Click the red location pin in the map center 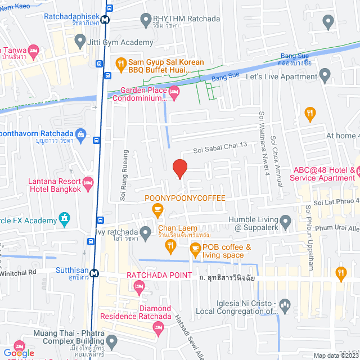click(179, 168)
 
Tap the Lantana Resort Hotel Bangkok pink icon click(88, 183)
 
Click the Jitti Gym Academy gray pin click(80, 42)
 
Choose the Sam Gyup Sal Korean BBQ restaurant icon click(120, 64)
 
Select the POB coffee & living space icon click(195, 248)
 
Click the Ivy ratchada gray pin click(146, 233)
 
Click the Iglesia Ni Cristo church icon click(285, 307)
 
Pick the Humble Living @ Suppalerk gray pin click(285, 220)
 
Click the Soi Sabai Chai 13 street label click(212, 145)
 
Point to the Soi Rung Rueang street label click(123, 175)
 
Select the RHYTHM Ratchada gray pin click(146, 18)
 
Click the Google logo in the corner click(19, 353)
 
